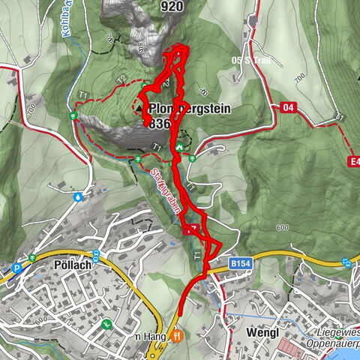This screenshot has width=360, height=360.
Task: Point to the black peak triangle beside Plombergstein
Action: coord(142,108)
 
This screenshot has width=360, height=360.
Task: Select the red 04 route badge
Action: coord(288,107)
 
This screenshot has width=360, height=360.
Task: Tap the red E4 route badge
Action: coord(354,161)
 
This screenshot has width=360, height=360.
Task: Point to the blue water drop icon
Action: coord(79,197)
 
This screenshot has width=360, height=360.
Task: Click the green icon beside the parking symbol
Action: coord(32,259)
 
